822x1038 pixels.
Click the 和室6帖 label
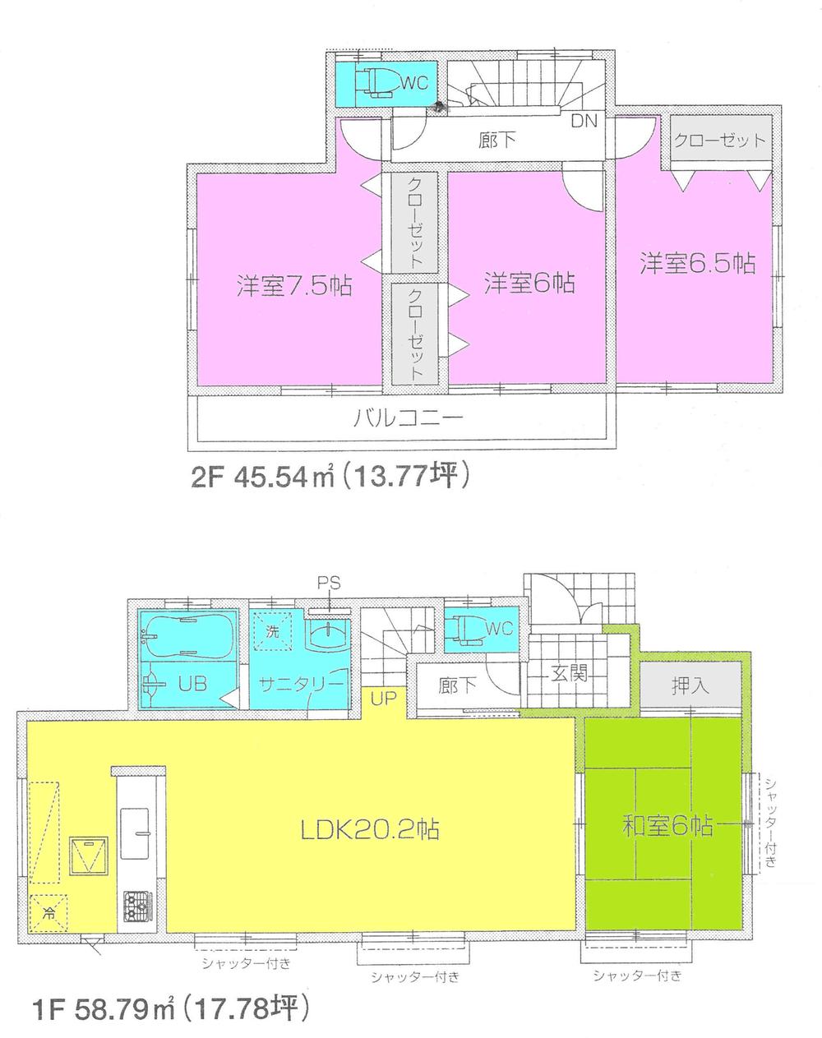coord(667,825)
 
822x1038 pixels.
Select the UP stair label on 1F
coord(384,699)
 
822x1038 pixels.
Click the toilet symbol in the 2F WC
coord(380,82)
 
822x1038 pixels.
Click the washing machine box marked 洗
coord(272,633)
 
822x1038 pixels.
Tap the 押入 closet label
coord(690,685)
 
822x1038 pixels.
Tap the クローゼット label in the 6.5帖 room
coord(719,140)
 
